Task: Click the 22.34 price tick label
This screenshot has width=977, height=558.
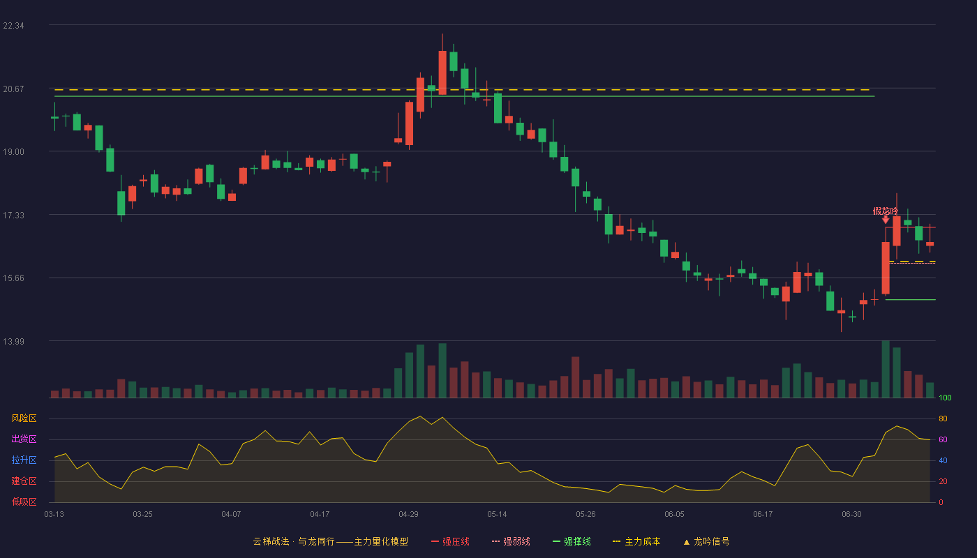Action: pos(13,26)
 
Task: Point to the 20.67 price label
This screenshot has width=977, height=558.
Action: pos(13,89)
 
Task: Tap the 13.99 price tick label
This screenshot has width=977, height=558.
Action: pos(13,341)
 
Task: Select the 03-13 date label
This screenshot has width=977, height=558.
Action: pos(54,515)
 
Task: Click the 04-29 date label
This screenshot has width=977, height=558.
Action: pos(408,515)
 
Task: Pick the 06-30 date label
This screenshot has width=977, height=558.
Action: pos(851,515)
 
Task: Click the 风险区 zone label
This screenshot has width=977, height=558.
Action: pos(24,418)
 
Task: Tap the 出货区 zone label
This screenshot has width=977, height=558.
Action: pos(24,439)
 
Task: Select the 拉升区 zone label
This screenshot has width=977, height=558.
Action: pos(24,460)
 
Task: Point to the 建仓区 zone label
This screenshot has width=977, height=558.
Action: pos(24,481)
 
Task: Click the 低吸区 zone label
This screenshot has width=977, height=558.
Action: pos(24,502)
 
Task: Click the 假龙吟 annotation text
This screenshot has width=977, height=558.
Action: pos(886,211)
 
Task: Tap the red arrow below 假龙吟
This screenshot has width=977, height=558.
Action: pos(886,220)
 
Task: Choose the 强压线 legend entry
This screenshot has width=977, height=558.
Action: pos(450,541)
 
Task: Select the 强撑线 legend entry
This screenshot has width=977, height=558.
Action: pos(572,541)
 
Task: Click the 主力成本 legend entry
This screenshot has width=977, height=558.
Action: pos(636,541)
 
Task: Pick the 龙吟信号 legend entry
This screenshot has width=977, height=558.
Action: pos(706,541)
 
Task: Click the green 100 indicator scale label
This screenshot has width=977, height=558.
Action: pos(945,398)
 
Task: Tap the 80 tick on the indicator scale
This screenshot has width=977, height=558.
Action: pos(943,418)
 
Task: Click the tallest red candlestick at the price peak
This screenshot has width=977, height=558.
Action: pos(442,73)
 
